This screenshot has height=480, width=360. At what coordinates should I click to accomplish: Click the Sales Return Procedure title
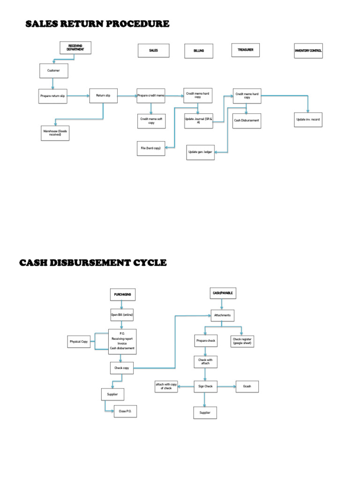(97, 23)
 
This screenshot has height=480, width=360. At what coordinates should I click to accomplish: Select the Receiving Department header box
(75, 48)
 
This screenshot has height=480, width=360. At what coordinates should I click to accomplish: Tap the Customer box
(53, 71)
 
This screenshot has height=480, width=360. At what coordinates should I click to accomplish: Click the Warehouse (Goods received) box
(55, 133)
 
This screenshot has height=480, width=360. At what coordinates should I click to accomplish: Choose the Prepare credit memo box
(151, 96)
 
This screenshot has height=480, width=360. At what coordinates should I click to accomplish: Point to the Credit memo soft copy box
(151, 121)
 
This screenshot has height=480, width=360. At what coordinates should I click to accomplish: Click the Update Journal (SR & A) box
(198, 121)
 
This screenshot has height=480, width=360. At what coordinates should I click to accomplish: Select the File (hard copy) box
(150, 148)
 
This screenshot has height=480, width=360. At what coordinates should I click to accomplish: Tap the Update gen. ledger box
(200, 152)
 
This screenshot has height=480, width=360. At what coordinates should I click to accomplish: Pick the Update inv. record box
(308, 120)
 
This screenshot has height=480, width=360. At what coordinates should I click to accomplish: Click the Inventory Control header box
(308, 51)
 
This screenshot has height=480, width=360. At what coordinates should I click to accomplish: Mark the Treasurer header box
(245, 50)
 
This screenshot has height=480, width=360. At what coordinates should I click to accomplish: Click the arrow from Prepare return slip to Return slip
(78, 96)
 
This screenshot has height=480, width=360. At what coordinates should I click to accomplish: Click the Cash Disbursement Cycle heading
(93, 262)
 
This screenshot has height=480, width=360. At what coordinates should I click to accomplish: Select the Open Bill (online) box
(122, 315)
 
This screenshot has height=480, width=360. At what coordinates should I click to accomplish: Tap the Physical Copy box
(79, 342)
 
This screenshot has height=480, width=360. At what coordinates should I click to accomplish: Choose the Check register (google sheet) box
(242, 341)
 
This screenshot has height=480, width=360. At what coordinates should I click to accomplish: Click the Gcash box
(247, 387)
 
